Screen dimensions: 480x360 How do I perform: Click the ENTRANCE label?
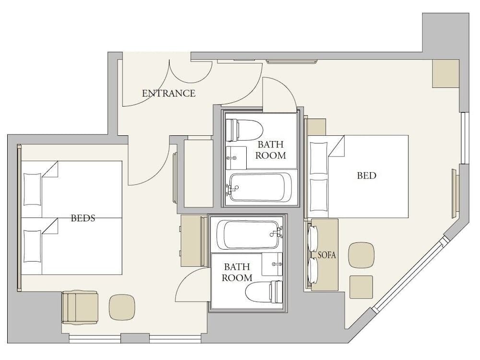pyautogui.click(x=168, y=93)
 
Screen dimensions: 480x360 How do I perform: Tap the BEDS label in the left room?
pyautogui.click(x=83, y=218)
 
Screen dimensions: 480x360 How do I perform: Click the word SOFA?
pyautogui.click(x=326, y=255)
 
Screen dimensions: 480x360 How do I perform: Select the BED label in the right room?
pyautogui.click(x=366, y=175)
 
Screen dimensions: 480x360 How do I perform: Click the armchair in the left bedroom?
pyautogui.click(x=80, y=307)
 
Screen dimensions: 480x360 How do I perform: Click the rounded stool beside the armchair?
pyautogui.click(x=122, y=307)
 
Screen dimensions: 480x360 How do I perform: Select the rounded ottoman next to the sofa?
pyautogui.click(x=361, y=255)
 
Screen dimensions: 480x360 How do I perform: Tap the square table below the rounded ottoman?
pyautogui.click(x=361, y=287)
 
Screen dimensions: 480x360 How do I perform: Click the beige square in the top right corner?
pyautogui.click(x=445, y=73)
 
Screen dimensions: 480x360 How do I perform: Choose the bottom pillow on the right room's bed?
pyautogui.click(x=319, y=195)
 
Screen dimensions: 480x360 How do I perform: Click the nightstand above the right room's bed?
pyautogui.click(x=317, y=127)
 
